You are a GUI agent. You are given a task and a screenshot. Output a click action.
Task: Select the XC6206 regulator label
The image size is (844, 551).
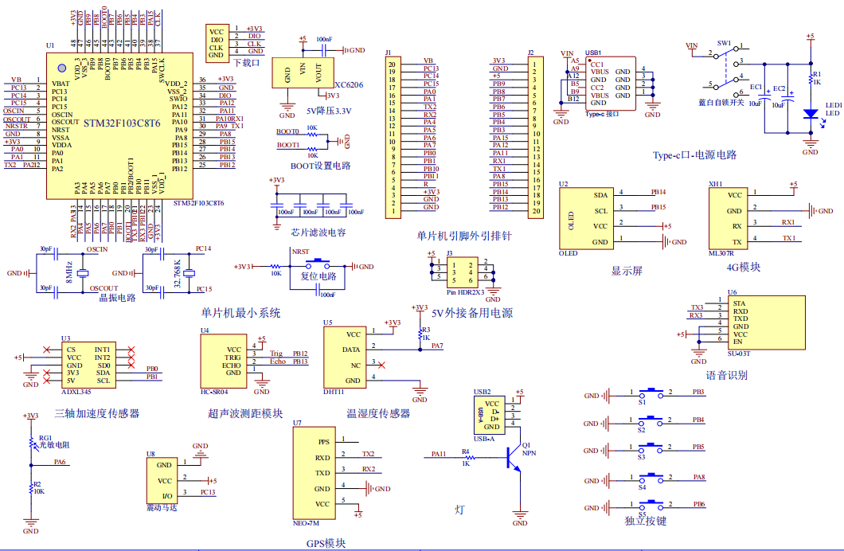[x=349, y=84]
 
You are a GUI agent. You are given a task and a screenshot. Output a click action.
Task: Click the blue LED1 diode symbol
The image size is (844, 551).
[x=810, y=113]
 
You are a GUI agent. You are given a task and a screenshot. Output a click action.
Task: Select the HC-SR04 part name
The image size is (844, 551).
[x=214, y=391]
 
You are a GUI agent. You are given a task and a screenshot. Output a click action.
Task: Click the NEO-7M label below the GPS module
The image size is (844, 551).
[x=307, y=524]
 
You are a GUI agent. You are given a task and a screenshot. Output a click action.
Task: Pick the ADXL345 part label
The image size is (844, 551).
[x=77, y=391]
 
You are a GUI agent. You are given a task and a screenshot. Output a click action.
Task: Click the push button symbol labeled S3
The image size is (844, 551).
[x=652, y=447]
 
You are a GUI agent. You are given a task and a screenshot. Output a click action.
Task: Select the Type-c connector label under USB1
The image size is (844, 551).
[x=601, y=114]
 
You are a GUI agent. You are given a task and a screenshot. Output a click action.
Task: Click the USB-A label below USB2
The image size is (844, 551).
[x=483, y=439]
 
